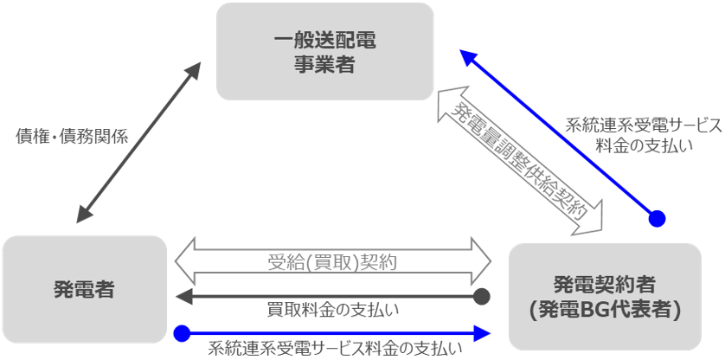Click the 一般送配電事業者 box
click(324, 51)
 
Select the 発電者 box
click(84, 288)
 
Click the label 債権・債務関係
click(73, 136)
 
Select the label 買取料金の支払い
click(333, 309)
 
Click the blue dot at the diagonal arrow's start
click(658, 217)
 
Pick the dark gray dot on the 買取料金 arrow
click(483, 297)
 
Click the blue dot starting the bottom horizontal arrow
click(181, 331)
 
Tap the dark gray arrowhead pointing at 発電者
click(183, 297)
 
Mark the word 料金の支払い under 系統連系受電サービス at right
click(644, 145)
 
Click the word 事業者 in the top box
click(324, 65)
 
